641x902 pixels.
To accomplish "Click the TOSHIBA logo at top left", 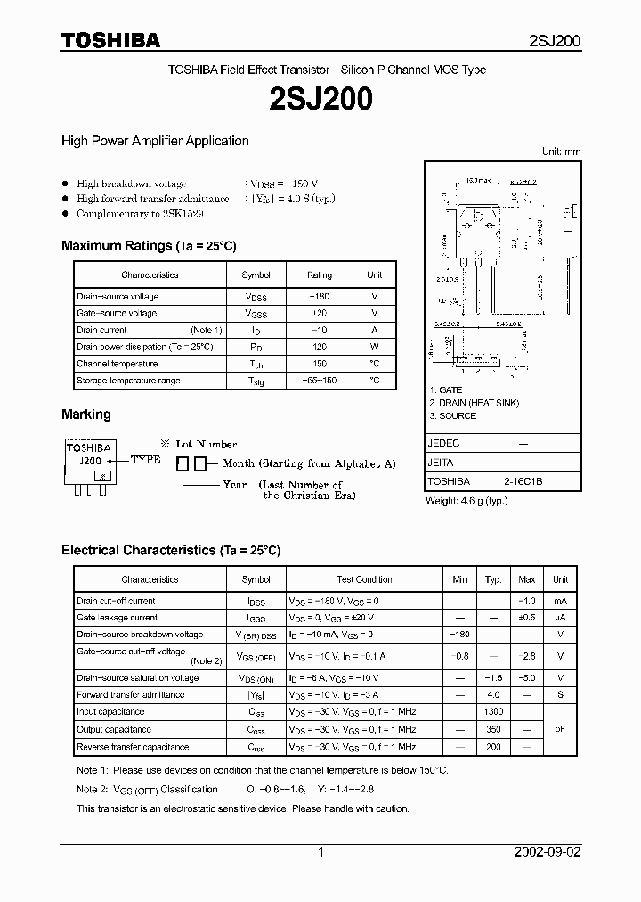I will tap(110, 40).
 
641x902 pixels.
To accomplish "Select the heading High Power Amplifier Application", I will tap(155, 141).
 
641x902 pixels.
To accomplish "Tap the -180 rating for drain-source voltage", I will tap(319, 297).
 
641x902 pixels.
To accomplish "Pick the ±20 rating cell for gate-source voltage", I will tap(319, 314).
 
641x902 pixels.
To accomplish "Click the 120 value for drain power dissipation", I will tap(319, 347).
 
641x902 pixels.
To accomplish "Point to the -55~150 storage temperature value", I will tap(319, 381).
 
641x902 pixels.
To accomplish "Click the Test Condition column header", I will tap(364, 579).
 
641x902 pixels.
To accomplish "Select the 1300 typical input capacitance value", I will tap(493, 712).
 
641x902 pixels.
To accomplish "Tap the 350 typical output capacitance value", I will tap(493, 729).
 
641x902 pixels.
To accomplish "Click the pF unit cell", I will tap(560, 729).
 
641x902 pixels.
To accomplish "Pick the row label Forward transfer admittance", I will tap(130, 695).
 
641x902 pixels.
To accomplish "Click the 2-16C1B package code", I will tap(523, 481).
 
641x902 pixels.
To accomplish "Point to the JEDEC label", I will tap(444, 443).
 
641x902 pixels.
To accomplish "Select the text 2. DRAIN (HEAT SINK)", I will tap(474, 403).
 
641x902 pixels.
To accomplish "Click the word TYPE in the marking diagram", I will tap(145, 460).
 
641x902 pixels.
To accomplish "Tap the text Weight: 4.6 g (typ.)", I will tap(467, 501).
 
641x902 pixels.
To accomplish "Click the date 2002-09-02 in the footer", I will tap(547, 852).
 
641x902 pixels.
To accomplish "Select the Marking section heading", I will tap(86, 414).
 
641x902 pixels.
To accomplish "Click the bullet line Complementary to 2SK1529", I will tap(140, 214).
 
